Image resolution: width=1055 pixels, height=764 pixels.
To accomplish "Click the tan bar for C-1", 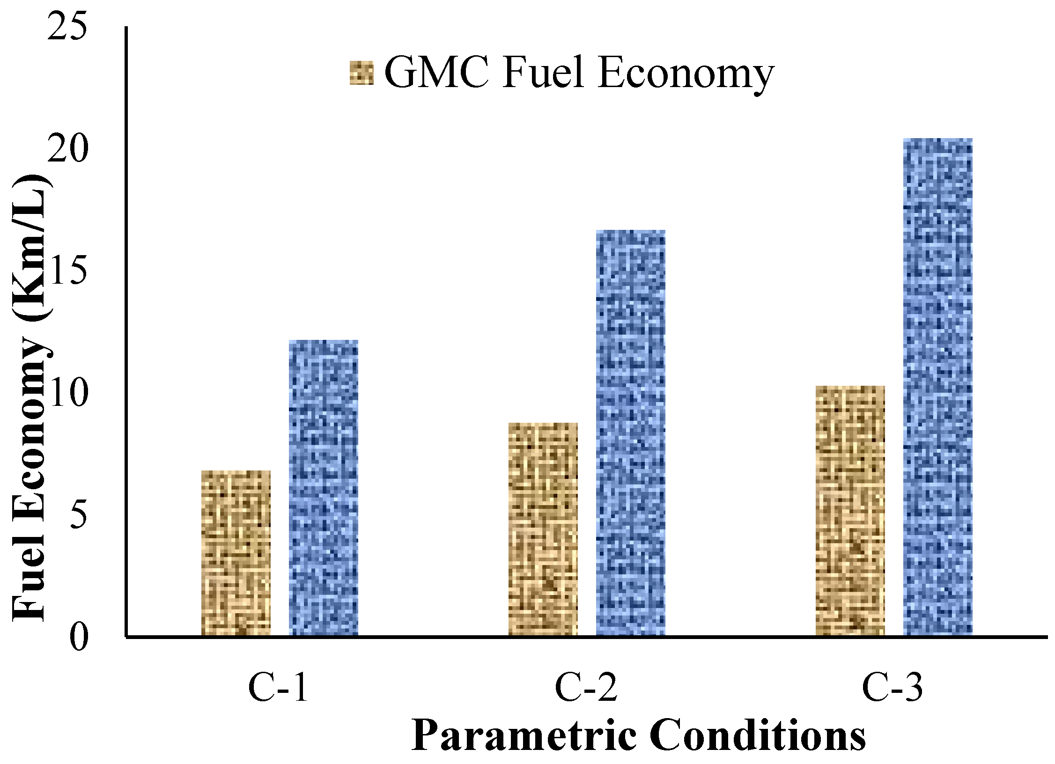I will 236,553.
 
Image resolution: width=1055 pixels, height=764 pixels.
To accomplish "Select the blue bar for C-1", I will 324,488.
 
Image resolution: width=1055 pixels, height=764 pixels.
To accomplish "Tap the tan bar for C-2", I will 543,529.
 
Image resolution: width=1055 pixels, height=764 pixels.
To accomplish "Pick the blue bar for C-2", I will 631,433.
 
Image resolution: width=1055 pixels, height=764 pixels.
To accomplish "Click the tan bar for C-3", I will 850,510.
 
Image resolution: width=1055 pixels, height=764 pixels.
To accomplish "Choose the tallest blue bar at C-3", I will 938,387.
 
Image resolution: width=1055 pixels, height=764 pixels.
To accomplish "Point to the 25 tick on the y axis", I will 67,27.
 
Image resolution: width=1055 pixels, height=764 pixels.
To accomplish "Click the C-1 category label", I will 278,688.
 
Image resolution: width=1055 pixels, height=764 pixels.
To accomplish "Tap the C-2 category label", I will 586,688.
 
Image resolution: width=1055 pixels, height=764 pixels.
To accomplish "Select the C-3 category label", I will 893,688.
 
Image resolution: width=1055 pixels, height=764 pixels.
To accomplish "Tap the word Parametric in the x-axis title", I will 524,735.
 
